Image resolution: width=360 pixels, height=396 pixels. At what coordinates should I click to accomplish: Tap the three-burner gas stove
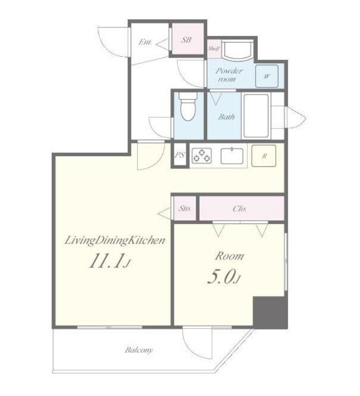pyautogui.click(x=201, y=155)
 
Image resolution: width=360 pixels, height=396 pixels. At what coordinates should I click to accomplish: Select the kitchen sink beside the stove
pyautogui.click(x=232, y=156)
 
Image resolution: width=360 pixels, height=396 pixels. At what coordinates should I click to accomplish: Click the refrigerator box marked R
pyautogui.click(x=264, y=156)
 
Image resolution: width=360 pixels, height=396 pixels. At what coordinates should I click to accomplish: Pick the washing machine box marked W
pyautogui.click(x=266, y=76)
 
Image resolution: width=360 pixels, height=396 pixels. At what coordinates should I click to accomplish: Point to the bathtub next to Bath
pyautogui.click(x=256, y=115)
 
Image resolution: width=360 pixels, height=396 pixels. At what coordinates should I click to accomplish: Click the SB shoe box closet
pyautogui.click(x=187, y=39)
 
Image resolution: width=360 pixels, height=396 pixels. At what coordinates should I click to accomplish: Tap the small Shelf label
pyautogui.click(x=214, y=49)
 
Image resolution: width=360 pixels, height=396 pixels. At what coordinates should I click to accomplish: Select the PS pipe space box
pyautogui.click(x=180, y=155)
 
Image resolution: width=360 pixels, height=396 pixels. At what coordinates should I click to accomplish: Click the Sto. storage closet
pyautogui.click(x=185, y=208)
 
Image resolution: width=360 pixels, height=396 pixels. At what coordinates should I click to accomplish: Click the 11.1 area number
pyautogui.click(x=110, y=261)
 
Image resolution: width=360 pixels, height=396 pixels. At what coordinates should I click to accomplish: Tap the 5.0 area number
pyautogui.click(x=224, y=277)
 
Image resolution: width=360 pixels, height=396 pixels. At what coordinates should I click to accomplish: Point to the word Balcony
pyautogui.click(x=139, y=351)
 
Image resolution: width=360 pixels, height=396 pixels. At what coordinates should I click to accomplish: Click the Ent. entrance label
pyautogui.click(x=145, y=42)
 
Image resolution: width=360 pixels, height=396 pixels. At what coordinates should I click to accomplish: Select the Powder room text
pyautogui.click(x=229, y=75)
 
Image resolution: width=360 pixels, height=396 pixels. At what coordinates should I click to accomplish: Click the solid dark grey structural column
pyautogui.click(x=270, y=313)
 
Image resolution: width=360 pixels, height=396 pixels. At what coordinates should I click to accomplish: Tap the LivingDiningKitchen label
pyautogui.click(x=115, y=240)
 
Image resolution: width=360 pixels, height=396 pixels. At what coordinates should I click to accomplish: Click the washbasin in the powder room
pyautogui.click(x=237, y=50)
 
